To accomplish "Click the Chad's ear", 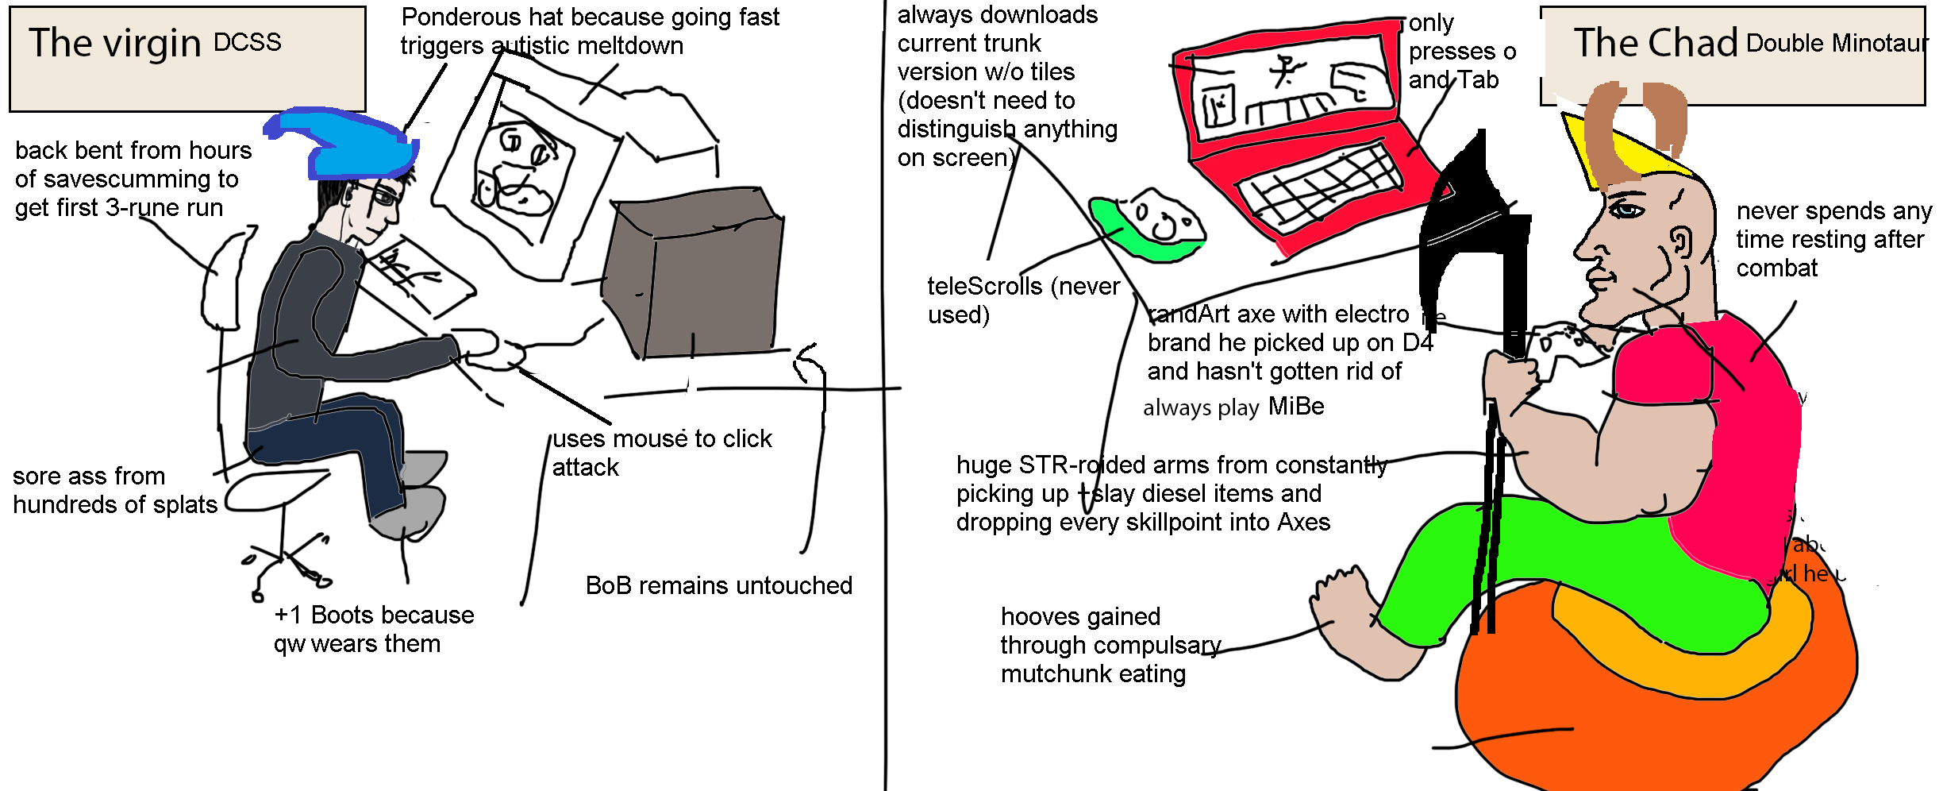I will click(1679, 242).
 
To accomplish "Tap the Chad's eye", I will click(1627, 210).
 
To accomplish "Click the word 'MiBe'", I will click(1296, 407).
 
